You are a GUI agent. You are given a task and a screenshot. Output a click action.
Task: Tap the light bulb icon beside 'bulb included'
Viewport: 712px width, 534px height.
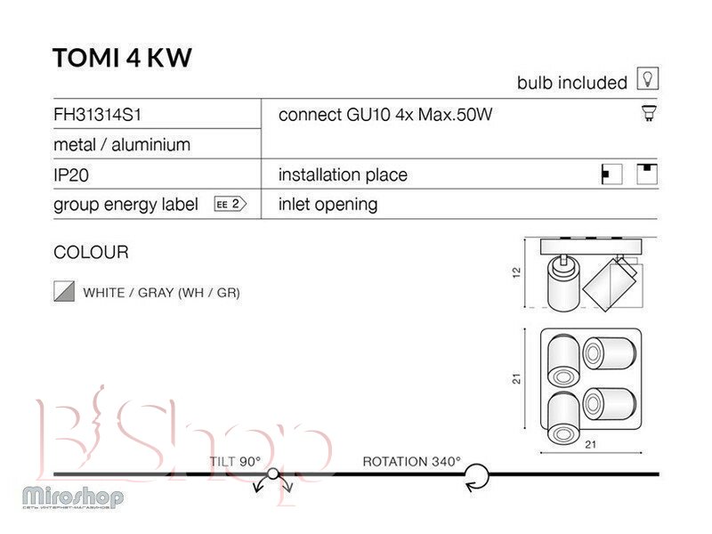[648, 80]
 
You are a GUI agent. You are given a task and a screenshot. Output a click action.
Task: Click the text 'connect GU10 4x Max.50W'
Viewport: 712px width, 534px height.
[385, 114]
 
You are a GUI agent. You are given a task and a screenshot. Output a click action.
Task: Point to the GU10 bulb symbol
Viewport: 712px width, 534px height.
[649, 113]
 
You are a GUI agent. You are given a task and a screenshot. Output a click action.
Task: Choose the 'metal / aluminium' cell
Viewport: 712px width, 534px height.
[122, 144]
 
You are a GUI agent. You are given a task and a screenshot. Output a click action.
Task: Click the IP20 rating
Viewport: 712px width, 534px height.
[71, 175]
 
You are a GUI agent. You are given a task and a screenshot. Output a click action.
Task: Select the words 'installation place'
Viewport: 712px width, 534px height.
[343, 174]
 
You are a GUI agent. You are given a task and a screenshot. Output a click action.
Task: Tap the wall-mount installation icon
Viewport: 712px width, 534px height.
[611, 174]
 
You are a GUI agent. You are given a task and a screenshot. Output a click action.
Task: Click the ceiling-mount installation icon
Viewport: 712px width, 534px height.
[648, 174]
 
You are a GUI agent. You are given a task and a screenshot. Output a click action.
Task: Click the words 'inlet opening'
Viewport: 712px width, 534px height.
[328, 205]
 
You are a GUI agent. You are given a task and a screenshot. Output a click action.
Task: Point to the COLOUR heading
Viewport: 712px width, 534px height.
[91, 253]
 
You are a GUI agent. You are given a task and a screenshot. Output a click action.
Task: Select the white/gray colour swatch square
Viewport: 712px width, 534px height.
[62, 292]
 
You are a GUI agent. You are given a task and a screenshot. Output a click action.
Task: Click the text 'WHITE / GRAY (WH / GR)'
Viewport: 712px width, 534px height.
[161, 292]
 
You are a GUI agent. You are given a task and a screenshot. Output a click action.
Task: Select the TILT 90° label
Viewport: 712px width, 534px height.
[236, 461]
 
